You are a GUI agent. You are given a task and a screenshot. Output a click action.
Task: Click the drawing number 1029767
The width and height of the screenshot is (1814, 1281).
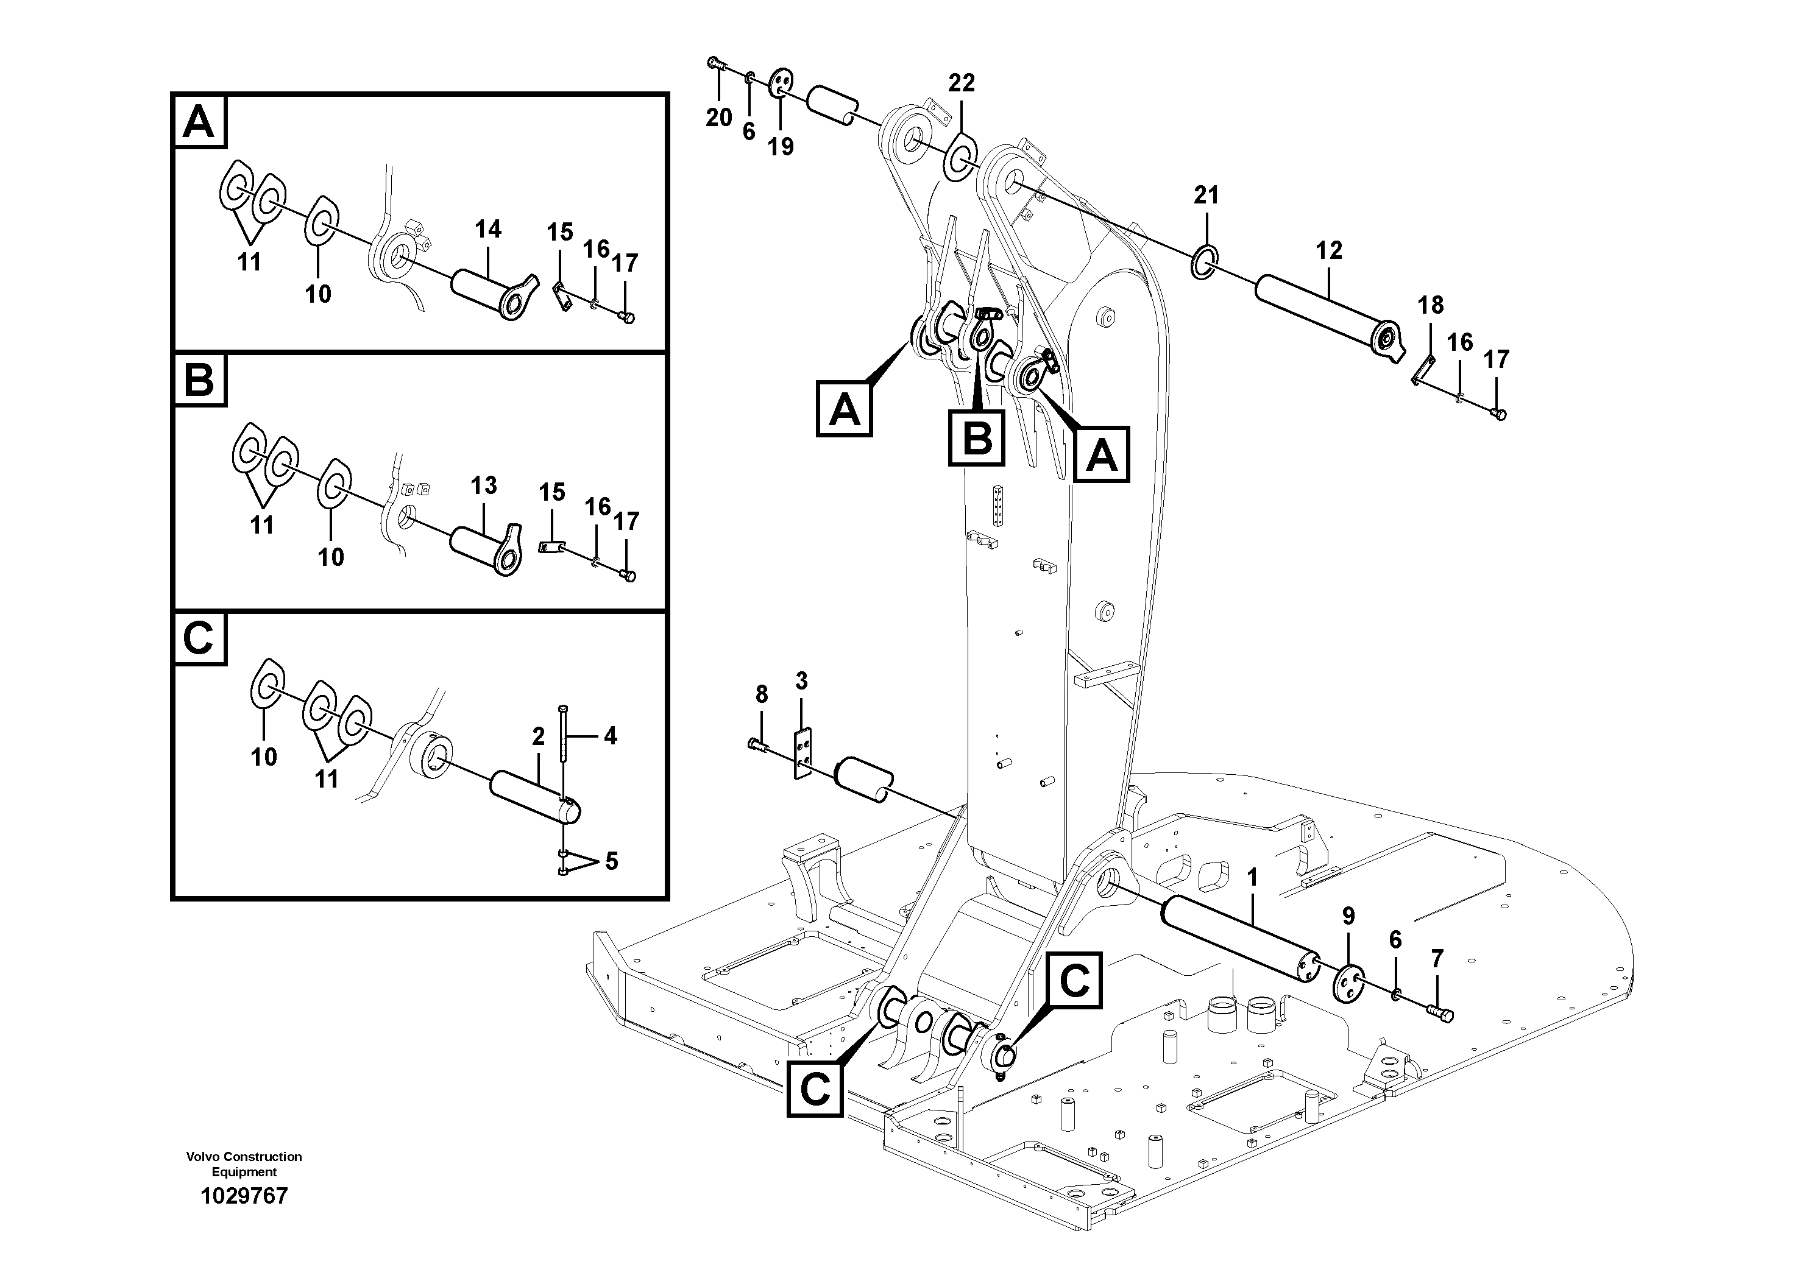pos(244,1196)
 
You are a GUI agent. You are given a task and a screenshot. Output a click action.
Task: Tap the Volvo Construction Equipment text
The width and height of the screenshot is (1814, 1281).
pos(244,1163)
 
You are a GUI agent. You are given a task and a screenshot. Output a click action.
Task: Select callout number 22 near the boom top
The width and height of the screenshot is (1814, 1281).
pos(962,83)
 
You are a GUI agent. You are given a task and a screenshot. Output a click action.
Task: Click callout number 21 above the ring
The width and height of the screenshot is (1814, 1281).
pos(1206,194)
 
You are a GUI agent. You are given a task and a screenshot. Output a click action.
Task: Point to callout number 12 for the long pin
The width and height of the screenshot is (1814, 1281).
pos(1329,250)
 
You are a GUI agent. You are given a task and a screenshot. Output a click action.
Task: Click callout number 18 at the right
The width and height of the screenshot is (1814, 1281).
pos(1430,305)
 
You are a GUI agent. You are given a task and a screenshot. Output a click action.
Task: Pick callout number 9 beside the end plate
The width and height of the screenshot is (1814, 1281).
pos(1348,916)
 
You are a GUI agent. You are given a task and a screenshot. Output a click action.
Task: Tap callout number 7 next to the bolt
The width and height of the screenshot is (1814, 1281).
pos(1436,959)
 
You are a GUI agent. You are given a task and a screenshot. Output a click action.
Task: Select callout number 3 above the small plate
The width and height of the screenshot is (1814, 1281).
pos(801,682)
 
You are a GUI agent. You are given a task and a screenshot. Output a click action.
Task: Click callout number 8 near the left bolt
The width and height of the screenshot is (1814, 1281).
pos(761,695)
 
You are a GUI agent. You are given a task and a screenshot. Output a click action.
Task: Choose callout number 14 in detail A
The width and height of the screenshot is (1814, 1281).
pos(487,230)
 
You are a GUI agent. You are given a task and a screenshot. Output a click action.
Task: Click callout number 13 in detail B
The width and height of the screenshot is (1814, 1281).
pos(484,485)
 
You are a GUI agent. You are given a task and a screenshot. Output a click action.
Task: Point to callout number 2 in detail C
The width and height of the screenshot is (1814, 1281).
pos(538,737)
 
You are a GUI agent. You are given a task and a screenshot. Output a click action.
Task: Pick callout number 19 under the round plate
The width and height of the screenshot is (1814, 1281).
pos(781,147)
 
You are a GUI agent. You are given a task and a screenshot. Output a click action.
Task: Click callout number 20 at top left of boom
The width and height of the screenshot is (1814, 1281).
pos(718,118)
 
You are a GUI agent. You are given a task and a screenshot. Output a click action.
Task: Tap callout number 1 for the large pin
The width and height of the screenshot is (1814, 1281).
pos(1251,877)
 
